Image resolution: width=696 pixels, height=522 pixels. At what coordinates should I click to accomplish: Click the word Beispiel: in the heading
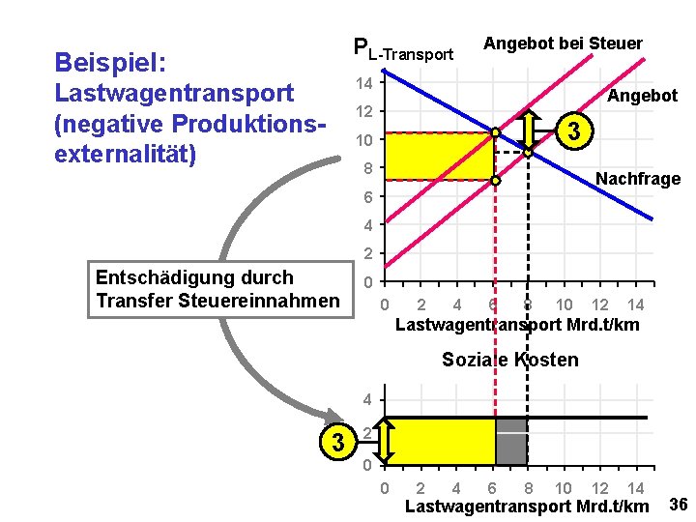111,63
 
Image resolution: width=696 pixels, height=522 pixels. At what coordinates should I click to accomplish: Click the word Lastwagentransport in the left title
174,94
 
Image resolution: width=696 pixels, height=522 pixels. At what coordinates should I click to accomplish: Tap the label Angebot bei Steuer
563,43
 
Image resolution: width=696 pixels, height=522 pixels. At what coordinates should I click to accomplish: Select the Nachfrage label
638,179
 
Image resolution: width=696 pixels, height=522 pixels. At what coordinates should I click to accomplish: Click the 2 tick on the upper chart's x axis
420,305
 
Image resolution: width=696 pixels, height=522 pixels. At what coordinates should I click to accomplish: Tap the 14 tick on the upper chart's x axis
636,305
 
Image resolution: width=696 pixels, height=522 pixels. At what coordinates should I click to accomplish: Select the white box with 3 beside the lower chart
337,443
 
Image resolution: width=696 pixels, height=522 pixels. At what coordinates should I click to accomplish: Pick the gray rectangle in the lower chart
511,441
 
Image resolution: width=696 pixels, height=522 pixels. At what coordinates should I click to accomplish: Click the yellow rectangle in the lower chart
440,441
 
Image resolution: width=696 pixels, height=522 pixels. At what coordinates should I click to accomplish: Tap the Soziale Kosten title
510,361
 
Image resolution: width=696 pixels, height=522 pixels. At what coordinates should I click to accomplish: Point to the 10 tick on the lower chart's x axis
564,488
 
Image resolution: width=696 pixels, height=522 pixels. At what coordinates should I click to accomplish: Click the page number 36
678,504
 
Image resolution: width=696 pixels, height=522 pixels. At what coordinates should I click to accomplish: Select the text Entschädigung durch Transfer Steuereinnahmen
217,289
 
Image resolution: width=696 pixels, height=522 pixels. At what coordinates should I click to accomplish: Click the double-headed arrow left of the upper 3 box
530,129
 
